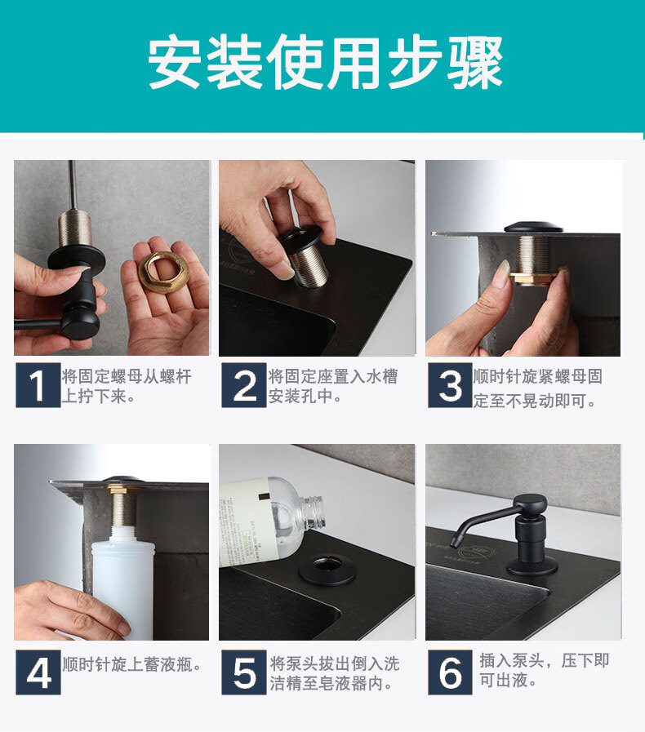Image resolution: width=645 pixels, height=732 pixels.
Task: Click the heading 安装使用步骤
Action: pyautogui.click(x=325, y=62)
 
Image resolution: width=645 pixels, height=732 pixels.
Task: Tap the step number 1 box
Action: pyautogui.click(x=38, y=386)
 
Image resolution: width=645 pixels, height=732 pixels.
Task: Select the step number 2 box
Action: pyautogui.click(x=243, y=386)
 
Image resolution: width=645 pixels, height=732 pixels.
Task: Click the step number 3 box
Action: pyautogui.click(x=450, y=386)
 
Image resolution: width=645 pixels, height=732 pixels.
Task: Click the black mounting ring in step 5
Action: pyautogui.click(x=327, y=570)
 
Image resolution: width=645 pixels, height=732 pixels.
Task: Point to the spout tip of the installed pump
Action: pyautogui.click(x=454, y=542)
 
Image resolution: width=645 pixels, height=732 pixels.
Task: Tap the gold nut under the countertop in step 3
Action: pyautogui.click(x=532, y=278)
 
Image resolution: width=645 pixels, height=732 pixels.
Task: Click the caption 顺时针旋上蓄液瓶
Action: pyautogui.click(x=132, y=664)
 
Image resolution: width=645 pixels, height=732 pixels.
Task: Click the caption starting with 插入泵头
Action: pyautogui.click(x=544, y=670)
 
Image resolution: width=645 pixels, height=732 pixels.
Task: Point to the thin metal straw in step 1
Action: pyautogui.click(x=73, y=184)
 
